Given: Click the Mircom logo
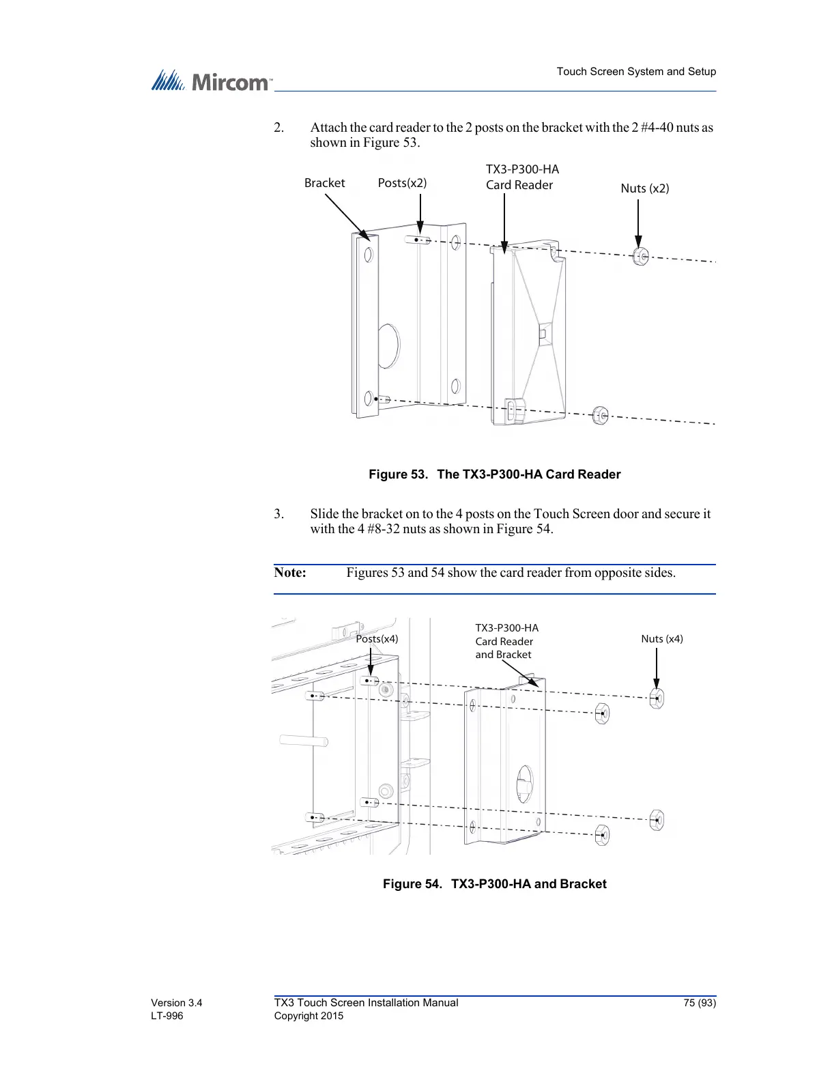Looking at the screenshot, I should [211, 82].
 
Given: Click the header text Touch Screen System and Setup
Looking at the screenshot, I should [636, 72].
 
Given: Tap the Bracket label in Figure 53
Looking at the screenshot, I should [324, 183].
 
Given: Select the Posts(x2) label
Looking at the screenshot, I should [402, 183].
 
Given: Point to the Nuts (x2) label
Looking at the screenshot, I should [644, 188].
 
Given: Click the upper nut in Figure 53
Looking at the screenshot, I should [640, 257].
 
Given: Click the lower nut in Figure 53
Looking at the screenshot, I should [600, 415].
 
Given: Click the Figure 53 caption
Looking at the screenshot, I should [494, 474].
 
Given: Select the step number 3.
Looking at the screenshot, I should [278, 514].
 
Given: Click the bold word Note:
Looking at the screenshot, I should [290, 573].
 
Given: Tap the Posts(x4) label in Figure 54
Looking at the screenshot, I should [377, 639].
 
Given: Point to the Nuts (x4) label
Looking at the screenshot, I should [661, 639].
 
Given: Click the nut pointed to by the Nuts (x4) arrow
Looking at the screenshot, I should [657, 698].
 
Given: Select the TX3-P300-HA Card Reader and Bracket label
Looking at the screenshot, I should [506, 641].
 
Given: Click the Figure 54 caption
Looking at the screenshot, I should [494, 884].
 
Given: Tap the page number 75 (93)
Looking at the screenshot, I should [699, 1003].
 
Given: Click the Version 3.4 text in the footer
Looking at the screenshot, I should [176, 1003].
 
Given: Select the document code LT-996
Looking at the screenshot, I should [167, 1016].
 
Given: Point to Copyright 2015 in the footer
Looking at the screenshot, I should [309, 1016].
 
